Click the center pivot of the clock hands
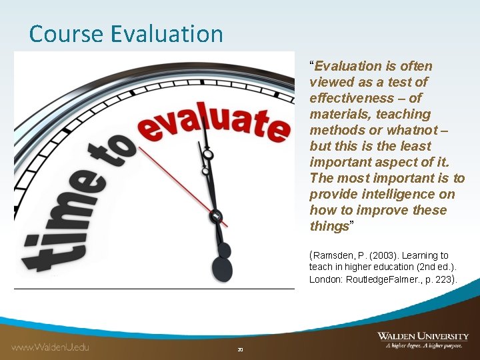[x=216, y=216]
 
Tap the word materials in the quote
[x=337, y=114]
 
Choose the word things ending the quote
[x=329, y=226]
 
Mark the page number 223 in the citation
[x=443, y=279]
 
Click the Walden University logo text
[x=423, y=336]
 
